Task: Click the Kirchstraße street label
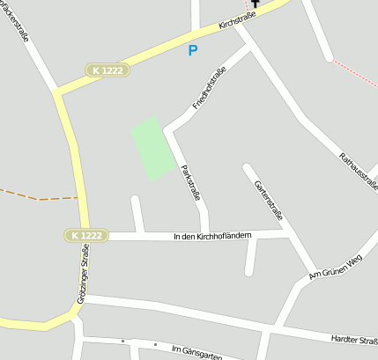pos(235,17)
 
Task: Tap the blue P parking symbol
pos(193,50)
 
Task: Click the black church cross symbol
pos(256,4)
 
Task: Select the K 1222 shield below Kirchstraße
pos(105,69)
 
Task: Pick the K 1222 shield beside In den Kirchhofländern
pos(85,235)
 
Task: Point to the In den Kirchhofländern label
pos(212,235)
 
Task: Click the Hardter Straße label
pos(353,339)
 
